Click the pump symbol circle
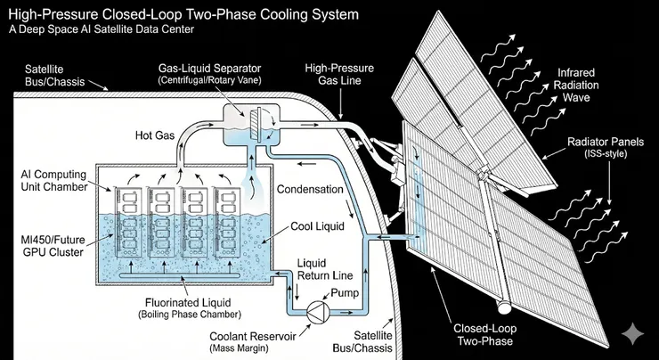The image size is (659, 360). pyautogui.click(x=317, y=315)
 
